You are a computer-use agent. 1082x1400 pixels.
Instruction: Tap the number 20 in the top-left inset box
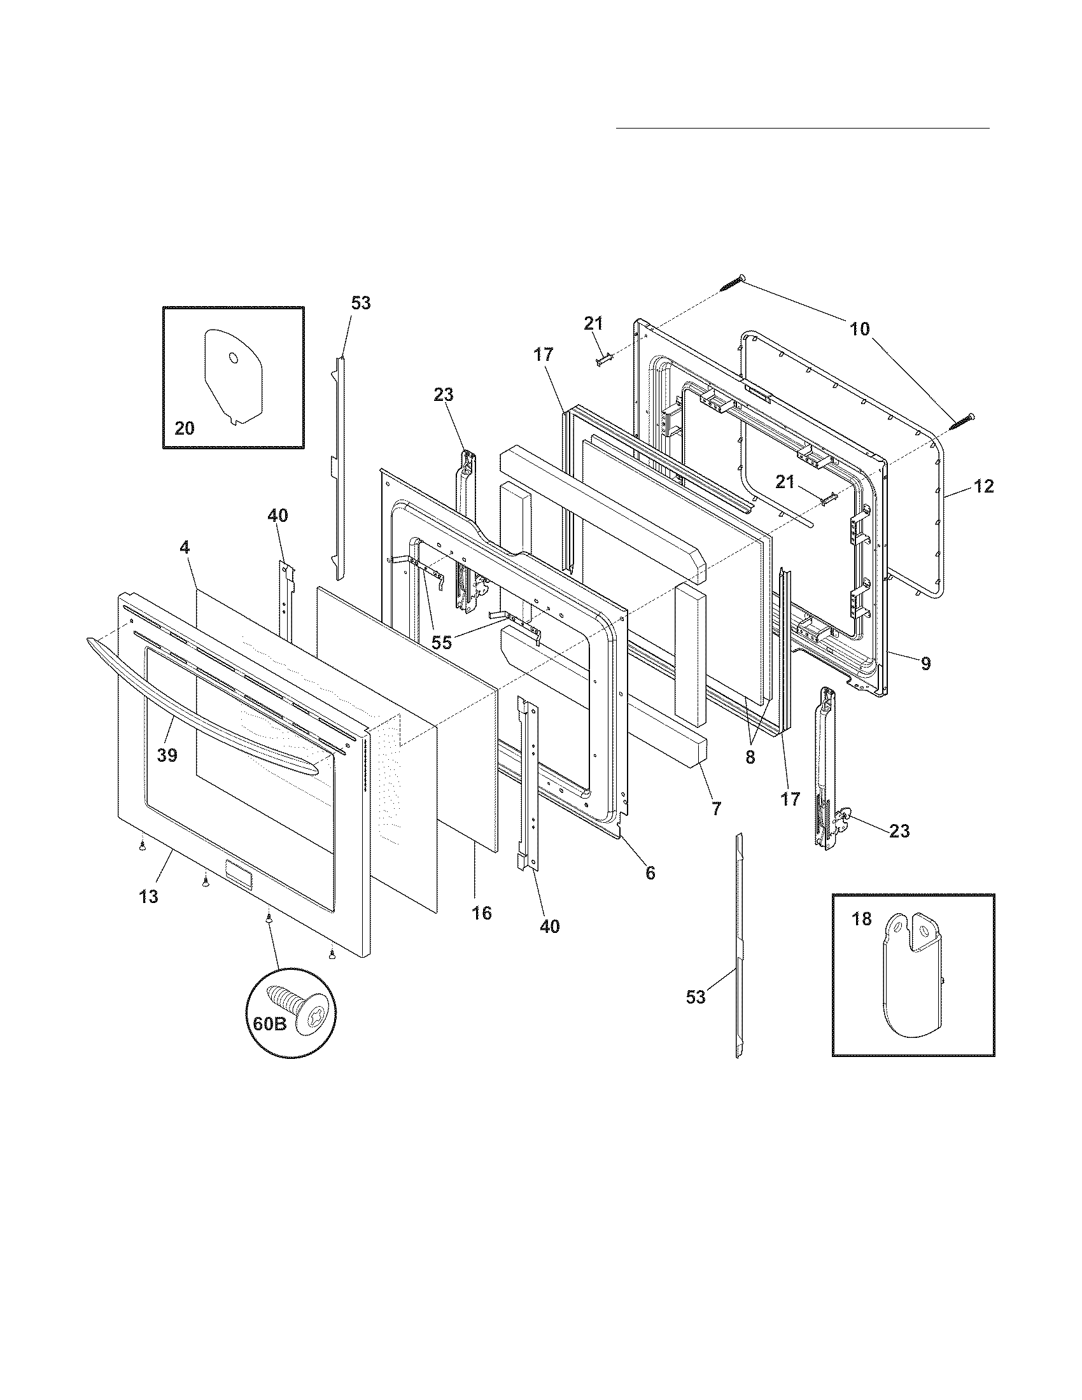[184, 428]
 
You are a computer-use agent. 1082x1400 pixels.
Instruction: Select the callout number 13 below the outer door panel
[148, 897]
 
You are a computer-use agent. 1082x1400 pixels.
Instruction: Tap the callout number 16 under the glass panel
[481, 913]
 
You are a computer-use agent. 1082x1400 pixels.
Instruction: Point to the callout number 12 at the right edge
[984, 487]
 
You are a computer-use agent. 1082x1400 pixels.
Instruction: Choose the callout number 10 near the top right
[860, 329]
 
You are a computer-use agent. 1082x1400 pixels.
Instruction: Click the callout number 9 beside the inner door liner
[925, 664]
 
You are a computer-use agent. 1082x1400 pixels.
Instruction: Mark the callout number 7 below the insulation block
[716, 808]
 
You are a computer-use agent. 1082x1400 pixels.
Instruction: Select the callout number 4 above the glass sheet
[185, 547]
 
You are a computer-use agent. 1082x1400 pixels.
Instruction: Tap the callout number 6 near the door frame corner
[650, 872]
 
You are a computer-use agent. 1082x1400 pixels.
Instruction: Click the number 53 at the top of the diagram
[361, 302]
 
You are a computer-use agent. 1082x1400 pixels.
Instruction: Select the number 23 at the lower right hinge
[899, 830]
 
